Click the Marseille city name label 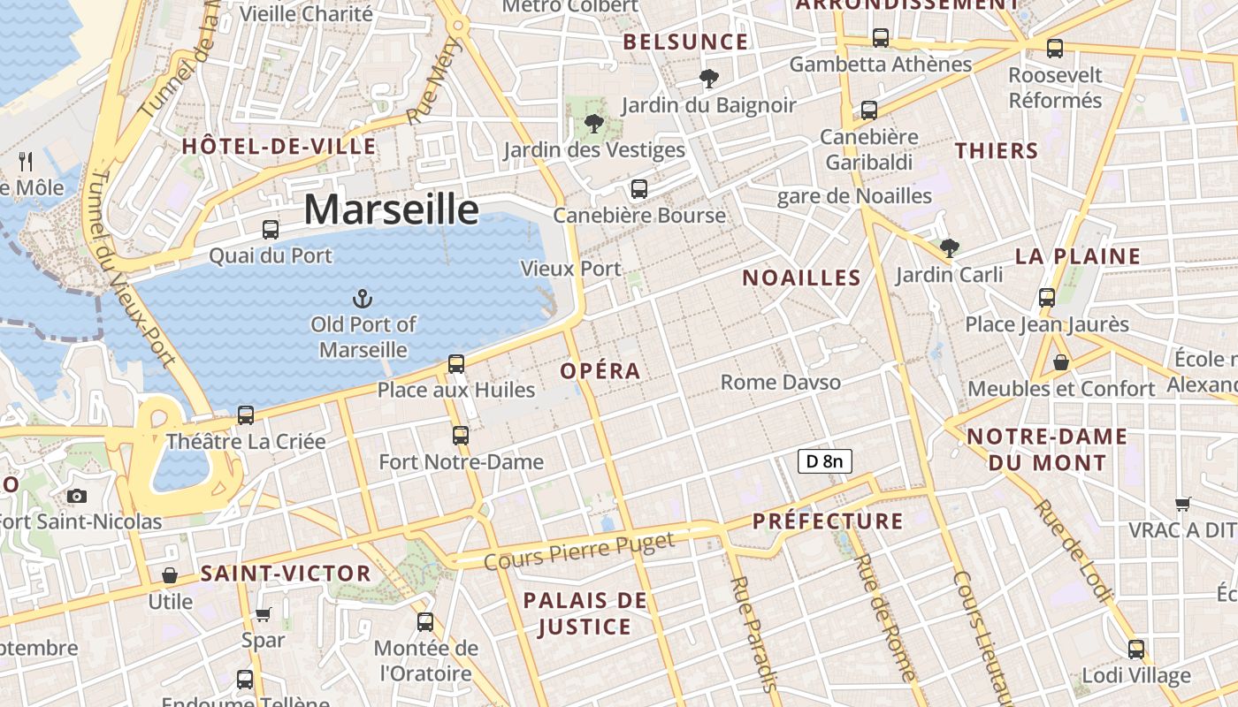pos(391,210)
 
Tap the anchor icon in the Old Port pos(363,299)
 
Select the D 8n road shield pos(824,460)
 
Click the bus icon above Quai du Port pos(271,230)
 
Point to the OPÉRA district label pos(600,371)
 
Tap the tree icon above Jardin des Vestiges pos(594,124)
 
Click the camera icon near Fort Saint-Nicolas pos(77,496)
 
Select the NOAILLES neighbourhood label pos(801,278)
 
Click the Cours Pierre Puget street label pos(580,551)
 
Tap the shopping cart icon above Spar pos(263,613)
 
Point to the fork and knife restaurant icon pos(26,161)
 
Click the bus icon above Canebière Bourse pos(638,189)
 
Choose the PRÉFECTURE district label pos(828,521)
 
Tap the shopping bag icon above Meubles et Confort pos(1060,362)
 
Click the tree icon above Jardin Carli pos(950,248)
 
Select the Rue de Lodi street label pos(1072,550)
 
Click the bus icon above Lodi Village pos(1136,650)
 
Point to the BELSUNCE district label pos(685,42)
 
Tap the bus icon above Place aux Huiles pos(456,363)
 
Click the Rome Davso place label pos(781,383)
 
